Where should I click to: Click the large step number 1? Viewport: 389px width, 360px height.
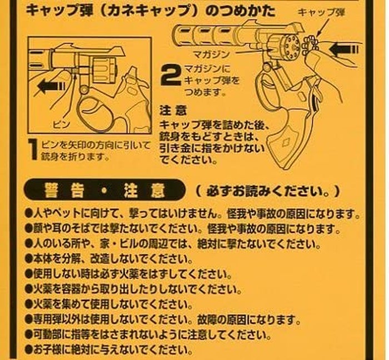[33, 150]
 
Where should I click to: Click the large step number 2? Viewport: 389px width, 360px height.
[171, 75]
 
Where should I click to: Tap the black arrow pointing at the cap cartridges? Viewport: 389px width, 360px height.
[343, 49]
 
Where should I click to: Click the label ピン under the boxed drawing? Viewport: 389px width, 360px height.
[61, 124]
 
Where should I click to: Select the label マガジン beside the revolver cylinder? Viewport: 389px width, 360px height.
[211, 54]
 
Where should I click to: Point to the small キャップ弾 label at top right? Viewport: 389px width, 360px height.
[321, 12]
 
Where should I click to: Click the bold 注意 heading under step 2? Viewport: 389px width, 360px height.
[173, 111]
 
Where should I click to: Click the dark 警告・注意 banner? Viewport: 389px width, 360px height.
[104, 191]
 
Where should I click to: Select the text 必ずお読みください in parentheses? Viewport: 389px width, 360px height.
[267, 191]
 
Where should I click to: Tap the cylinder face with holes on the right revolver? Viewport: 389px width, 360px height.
[292, 46]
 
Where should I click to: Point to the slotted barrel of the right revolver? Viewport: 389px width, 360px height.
[205, 36]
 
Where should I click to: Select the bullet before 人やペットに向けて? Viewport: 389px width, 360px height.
[28, 213]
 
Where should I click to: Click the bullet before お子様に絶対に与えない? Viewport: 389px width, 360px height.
[29, 349]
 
